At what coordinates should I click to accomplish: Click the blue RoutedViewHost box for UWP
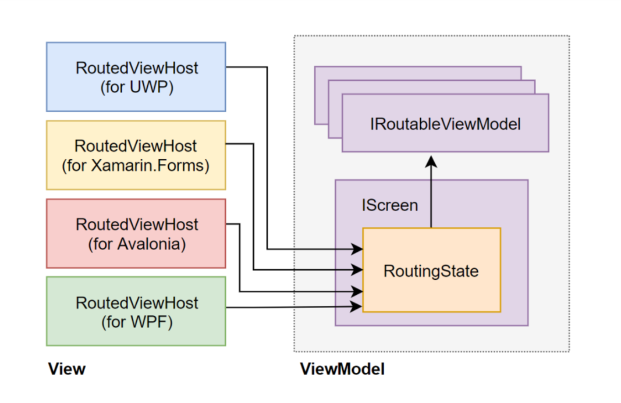tap(136, 76)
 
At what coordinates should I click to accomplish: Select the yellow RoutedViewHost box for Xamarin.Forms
tap(136, 155)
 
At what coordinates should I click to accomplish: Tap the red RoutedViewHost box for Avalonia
tap(136, 233)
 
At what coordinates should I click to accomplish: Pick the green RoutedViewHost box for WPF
tap(136, 311)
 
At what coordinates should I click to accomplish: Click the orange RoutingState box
tap(431, 270)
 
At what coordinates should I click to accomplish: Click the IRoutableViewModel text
tap(445, 124)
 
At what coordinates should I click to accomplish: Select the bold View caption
tap(66, 369)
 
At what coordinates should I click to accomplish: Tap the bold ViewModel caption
tap(342, 369)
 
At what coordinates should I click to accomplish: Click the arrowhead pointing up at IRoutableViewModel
tap(431, 161)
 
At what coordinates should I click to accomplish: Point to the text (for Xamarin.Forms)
tap(136, 166)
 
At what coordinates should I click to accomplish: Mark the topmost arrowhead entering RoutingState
tap(357, 249)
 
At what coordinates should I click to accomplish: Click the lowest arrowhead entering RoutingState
tap(357, 305)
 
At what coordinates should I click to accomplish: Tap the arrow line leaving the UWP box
tap(267, 157)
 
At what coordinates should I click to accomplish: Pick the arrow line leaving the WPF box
tap(291, 306)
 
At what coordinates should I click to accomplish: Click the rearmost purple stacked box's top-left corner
tap(316, 67)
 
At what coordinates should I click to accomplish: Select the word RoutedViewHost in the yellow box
tap(136, 146)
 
